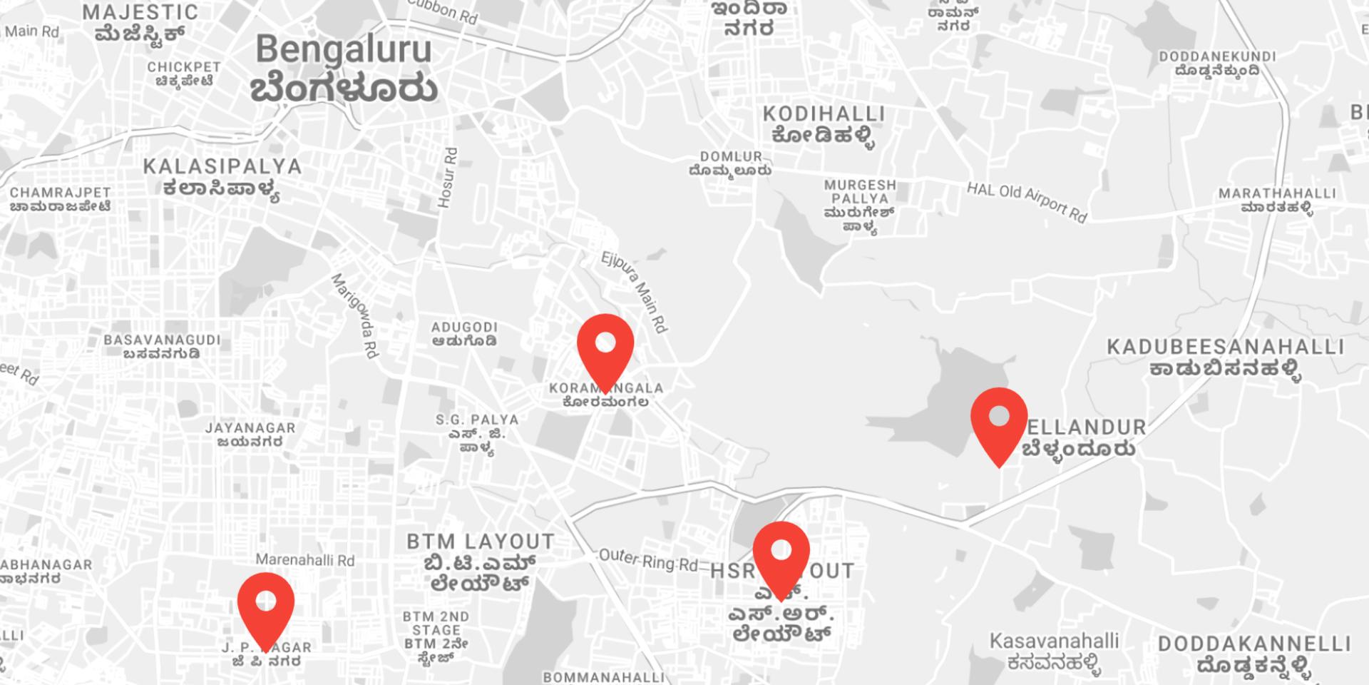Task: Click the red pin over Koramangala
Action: [605, 346]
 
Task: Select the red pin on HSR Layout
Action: [781, 554]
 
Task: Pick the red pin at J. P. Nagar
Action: [266, 604]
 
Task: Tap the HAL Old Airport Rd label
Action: [1027, 202]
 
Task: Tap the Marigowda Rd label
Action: [355, 315]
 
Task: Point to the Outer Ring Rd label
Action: [648, 559]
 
